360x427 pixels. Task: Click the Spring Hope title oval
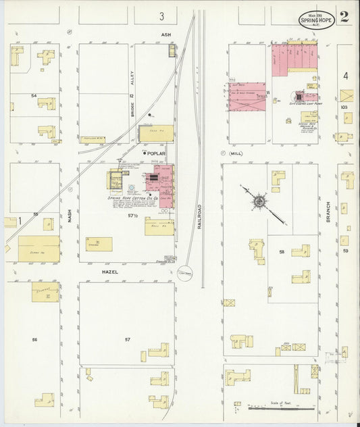pyautogui.click(x=314, y=18)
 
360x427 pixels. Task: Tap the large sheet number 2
pyautogui.click(x=344, y=17)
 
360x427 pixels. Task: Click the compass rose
pyautogui.click(x=259, y=200)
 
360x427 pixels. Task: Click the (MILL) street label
pyautogui.click(x=235, y=153)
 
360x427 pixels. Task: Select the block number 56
pyautogui.click(x=34, y=338)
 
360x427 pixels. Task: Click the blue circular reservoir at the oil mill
pyautogui.click(x=185, y=274)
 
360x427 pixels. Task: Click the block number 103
pyautogui.click(x=344, y=107)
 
